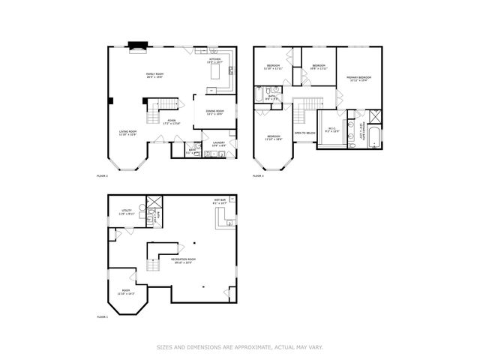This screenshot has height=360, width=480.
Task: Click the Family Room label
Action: click(x=154, y=74)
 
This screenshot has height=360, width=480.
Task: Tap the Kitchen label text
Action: click(x=214, y=60)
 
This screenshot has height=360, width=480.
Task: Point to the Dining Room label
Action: click(x=214, y=113)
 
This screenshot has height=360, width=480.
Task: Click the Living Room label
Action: click(x=127, y=133)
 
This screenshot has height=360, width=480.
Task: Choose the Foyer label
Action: click(x=172, y=121)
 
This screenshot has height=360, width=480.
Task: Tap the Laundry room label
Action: click(x=219, y=143)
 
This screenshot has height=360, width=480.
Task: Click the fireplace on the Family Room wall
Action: click(x=136, y=48)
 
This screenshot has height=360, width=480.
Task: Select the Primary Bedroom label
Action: click(x=359, y=78)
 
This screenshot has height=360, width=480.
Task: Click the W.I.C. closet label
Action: click(x=331, y=129)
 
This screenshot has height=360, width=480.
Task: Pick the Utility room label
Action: click(x=127, y=213)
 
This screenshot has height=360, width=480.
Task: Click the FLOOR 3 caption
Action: click(x=258, y=175)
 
